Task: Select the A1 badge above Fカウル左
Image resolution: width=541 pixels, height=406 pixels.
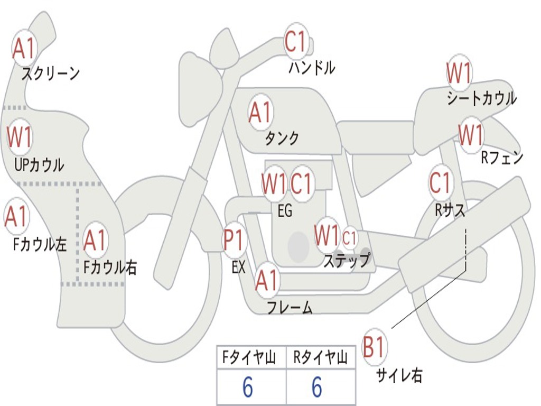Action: (x=16, y=216)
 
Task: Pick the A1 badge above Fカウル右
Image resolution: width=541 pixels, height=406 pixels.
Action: (x=95, y=239)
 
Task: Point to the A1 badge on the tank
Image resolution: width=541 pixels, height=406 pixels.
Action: (x=261, y=112)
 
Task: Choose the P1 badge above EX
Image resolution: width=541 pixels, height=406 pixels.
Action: (x=235, y=239)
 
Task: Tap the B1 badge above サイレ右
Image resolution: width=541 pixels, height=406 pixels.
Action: (x=374, y=346)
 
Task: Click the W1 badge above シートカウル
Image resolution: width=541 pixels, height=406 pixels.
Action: (x=459, y=72)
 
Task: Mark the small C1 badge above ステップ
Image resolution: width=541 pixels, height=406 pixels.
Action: (x=349, y=237)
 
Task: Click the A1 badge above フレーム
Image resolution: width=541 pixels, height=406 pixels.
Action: (x=267, y=280)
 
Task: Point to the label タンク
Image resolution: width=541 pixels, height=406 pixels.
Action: (x=282, y=139)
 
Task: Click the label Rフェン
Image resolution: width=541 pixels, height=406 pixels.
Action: (x=502, y=158)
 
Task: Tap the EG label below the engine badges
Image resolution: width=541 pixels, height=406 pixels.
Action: (x=285, y=210)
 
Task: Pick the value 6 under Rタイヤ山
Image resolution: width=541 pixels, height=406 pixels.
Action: (x=317, y=386)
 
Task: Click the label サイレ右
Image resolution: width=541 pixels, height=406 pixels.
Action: (x=399, y=375)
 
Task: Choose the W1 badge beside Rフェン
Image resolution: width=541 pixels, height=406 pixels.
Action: (x=471, y=135)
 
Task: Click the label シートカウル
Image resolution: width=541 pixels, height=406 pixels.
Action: (x=482, y=98)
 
